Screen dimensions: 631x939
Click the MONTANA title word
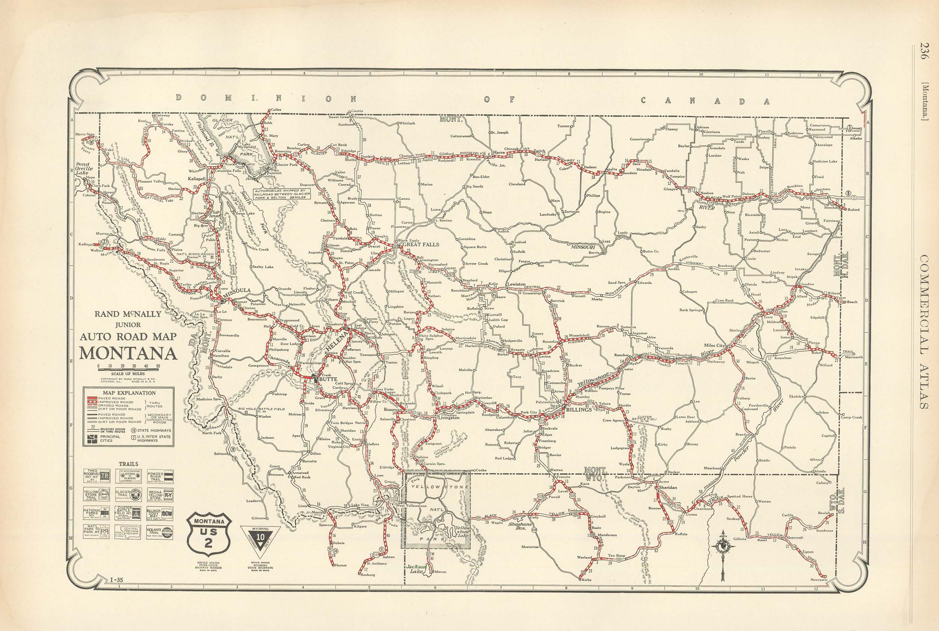pos(128,353)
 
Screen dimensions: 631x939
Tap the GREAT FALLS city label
pos(420,244)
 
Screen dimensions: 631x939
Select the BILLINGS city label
pos(579,410)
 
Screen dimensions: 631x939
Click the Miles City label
pos(714,345)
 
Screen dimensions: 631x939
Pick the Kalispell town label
pos(196,178)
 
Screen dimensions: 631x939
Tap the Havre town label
pos(499,152)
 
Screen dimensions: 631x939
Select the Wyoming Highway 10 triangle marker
pos(261,537)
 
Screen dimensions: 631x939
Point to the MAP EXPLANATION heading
pos(129,393)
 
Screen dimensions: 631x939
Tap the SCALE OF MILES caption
pos(128,374)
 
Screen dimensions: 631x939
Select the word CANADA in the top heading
pos(704,101)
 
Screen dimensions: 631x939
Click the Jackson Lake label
pos(414,569)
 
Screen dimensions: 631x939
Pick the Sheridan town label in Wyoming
pos(668,487)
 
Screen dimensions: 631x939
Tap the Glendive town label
pos(806,284)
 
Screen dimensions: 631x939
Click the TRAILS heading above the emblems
pos(128,464)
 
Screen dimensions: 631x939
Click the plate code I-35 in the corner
pos(116,580)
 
